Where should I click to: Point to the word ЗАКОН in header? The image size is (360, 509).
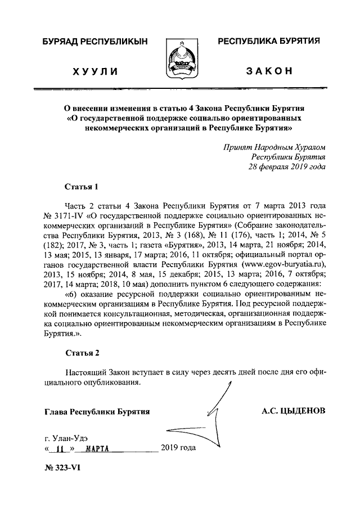tap(269, 71)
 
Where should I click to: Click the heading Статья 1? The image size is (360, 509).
tap(82, 186)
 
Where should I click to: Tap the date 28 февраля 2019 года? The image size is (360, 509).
tap(287, 167)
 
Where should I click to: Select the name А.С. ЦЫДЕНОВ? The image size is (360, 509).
tap(293, 411)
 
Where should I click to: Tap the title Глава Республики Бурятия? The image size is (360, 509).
tap(96, 412)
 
